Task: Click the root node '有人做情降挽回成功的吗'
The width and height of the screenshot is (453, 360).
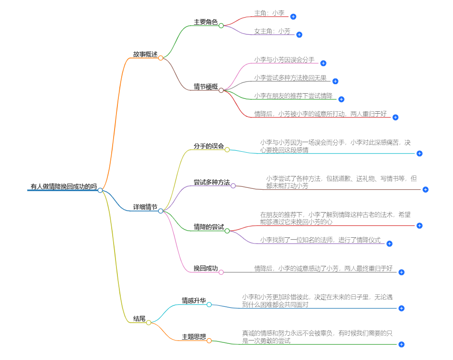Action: tap(63, 186)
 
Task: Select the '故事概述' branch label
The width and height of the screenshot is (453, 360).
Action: tap(145, 54)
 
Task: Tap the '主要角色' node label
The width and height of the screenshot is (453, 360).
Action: tap(205, 22)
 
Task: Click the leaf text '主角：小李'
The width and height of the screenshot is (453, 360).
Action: tap(269, 13)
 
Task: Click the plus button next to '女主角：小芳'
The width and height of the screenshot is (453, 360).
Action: tap(299, 34)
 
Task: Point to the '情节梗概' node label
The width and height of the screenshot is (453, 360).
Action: tap(205, 87)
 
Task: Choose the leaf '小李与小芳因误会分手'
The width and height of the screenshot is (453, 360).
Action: tap(284, 60)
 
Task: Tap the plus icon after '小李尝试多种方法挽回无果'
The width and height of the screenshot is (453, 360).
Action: tap(335, 81)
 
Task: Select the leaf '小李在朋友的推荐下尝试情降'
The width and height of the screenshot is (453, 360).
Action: tap(293, 96)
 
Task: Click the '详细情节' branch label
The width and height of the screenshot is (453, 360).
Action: tap(145, 207)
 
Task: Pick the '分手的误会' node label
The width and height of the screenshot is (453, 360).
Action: tap(208, 146)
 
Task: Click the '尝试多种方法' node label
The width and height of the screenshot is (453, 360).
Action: tap(212, 182)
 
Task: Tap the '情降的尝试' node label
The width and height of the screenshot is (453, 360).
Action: tap(208, 227)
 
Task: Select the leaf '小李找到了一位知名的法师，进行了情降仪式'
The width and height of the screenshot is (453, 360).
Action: tap(320, 240)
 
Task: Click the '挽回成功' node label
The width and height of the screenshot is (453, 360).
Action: tap(205, 269)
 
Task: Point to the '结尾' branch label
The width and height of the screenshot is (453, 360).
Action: tap(139, 319)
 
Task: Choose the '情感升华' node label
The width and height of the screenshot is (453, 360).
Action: tap(193, 301)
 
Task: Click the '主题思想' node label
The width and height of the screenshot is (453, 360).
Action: tap(193, 337)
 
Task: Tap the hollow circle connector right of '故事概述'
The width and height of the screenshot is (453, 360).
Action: tap(161, 58)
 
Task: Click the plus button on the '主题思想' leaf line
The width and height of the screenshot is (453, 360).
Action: tap(401, 344)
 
